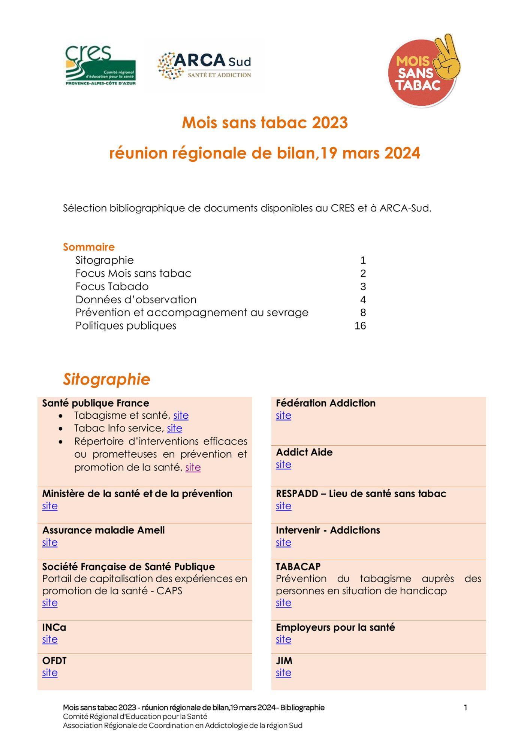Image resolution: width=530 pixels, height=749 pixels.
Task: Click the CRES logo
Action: [100, 66]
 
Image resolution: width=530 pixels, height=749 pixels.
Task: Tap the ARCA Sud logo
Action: [204, 66]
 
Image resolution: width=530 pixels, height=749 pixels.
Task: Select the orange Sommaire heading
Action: [89, 247]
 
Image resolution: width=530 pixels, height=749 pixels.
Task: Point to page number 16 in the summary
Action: [360, 326]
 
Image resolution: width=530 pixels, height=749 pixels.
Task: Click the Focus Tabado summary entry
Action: [112, 286]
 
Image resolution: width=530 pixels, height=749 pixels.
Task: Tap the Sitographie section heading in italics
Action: [106, 379]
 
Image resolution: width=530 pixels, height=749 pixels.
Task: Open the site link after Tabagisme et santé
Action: [181, 415]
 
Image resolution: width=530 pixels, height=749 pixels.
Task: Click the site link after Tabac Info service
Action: [175, 428]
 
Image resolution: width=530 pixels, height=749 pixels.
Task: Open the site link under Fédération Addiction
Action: [283, 416]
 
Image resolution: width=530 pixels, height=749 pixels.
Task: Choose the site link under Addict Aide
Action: [283, 465]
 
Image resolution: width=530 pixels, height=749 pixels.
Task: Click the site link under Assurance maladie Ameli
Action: [50, 543]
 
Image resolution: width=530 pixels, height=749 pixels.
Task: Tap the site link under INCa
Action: [50, 640]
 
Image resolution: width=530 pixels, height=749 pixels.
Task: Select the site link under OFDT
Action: [50, 673]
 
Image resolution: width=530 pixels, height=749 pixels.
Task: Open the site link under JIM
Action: [283, 673]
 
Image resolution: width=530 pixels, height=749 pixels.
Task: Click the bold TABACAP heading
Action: [298, 567]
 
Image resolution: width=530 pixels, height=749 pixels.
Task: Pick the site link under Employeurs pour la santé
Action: [283, 640]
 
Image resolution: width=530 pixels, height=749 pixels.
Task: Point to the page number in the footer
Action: [466, 707]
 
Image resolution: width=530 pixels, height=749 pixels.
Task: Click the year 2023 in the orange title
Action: [330, 123]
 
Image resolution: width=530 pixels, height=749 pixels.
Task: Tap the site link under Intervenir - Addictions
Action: [283, 543]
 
